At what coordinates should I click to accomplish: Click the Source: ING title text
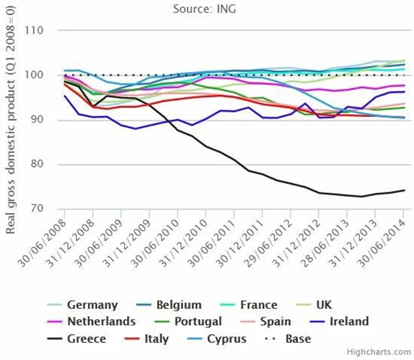coord(206,9)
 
